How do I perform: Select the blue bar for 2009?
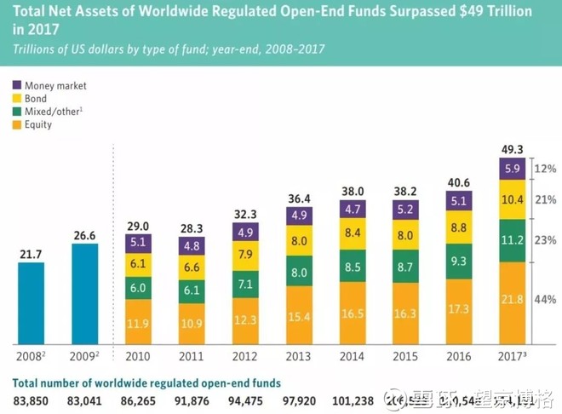tap(85, 291)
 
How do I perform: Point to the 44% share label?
tap(545, 300)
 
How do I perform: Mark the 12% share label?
tap(545, 169)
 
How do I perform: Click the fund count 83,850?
tap(31, 400)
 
